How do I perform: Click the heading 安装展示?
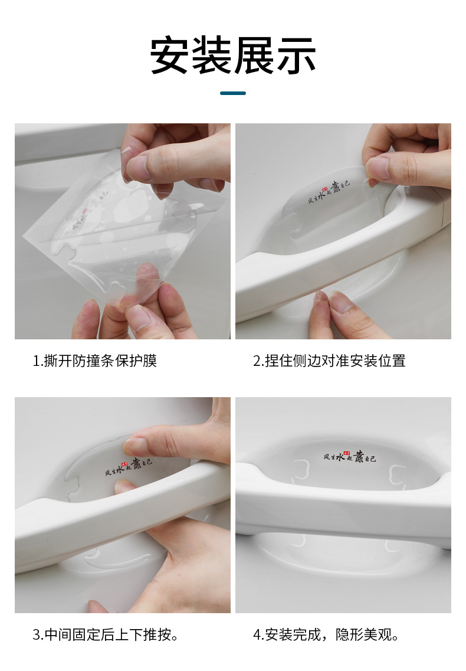click(233, 56)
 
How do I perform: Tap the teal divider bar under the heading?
click(233, 93)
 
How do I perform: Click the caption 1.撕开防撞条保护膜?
click(95, 361)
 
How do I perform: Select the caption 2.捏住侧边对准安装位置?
click(330, 361)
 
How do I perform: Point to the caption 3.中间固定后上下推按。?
click(106, 635)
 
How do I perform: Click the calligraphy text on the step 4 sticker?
click(349, 457)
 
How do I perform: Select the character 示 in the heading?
click(296, 56)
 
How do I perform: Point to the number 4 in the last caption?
click(257, 636)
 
